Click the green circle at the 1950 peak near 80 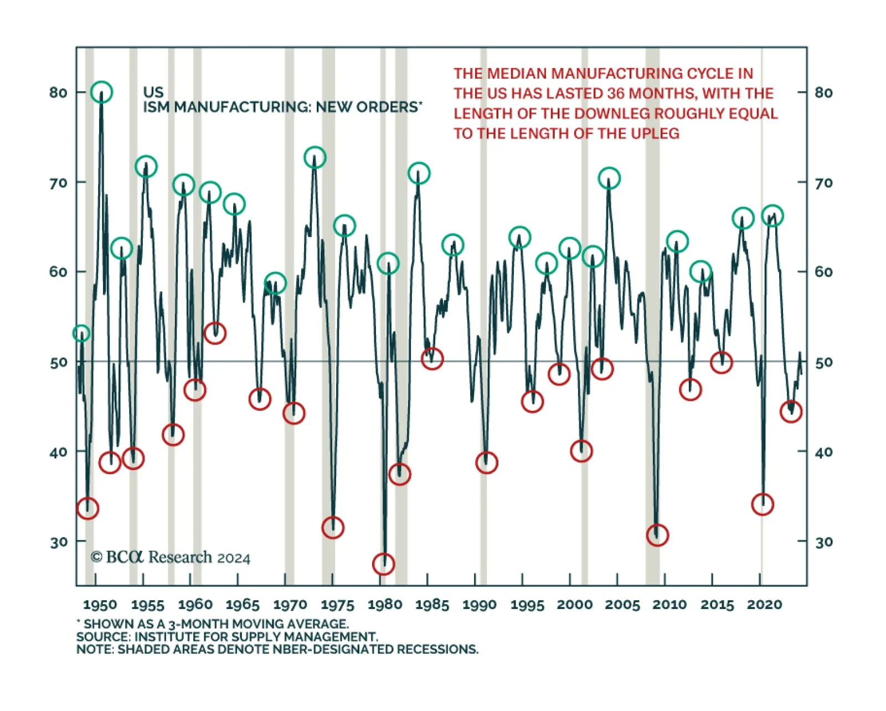101,92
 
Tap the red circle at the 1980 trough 383,564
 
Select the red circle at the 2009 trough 657,535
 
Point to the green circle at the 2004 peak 609,178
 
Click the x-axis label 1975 337,604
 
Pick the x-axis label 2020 764,604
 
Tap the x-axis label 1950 100,604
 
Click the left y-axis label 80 58,92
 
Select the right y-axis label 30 823,542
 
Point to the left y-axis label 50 58,363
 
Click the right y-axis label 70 823,183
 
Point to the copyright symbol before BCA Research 96,557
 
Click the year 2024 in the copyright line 234,558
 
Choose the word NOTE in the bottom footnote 95,649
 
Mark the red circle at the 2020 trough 763,504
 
